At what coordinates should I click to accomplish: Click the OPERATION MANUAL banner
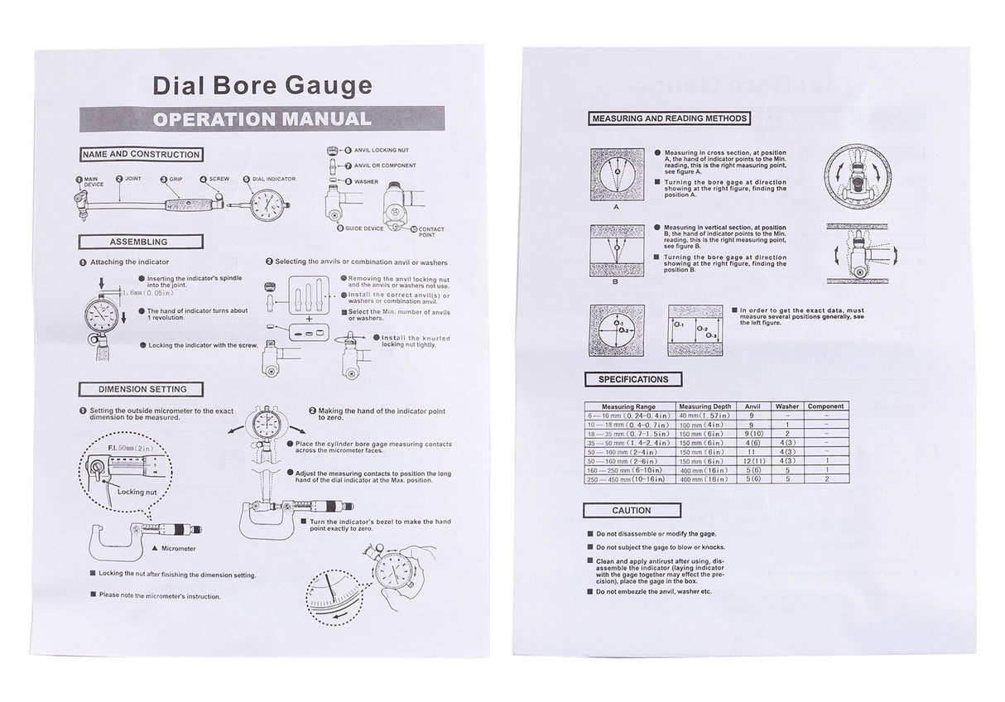(x=261, y=118)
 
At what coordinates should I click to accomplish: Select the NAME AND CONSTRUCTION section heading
(x=141, y=155)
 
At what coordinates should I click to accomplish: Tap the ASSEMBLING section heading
(x=139, y=242)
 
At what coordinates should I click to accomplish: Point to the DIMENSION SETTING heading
(x=142, y=389)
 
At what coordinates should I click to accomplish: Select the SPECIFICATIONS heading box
(x=633, y=379)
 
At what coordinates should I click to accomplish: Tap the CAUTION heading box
(x=632, y=510)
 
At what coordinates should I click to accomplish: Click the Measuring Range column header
(x=629, y=406)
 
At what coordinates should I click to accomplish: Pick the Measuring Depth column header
(x=704, y=406)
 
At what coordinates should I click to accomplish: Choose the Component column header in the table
(x=825, y=406)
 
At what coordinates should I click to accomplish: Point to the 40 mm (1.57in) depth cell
(x=704, y=416)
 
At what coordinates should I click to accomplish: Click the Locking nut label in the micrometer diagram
(x=137, y=491)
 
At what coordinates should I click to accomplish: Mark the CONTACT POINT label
(x=430, y=232)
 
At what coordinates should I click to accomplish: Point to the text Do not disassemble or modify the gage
(x=656, y=534)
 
